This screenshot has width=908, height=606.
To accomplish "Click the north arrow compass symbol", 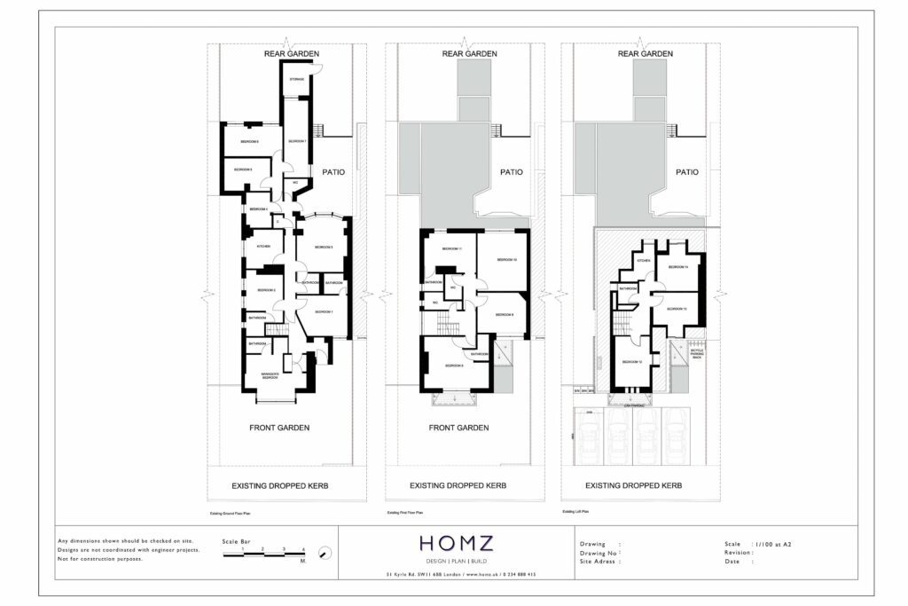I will point(325,554).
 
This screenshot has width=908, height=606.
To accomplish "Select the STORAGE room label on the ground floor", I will point(296,80).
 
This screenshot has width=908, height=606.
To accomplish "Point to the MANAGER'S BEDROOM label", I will point(269,376).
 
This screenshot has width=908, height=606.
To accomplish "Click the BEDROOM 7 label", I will point(296,142).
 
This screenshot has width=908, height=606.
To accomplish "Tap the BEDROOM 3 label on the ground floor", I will point(320,247).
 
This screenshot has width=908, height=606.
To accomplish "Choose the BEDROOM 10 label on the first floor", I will point(506,259).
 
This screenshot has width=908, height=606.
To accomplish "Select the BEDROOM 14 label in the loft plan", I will point(679,266).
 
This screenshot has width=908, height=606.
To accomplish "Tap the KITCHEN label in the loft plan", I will point(644,261).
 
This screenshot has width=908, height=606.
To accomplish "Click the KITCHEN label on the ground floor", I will point(263,246).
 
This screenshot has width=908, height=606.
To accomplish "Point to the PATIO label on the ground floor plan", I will point(333,173).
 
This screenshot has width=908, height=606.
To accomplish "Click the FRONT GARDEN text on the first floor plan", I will point(458,428).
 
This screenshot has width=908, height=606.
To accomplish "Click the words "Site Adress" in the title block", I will point(599,562).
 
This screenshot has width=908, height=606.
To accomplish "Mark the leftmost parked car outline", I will point(591,438).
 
